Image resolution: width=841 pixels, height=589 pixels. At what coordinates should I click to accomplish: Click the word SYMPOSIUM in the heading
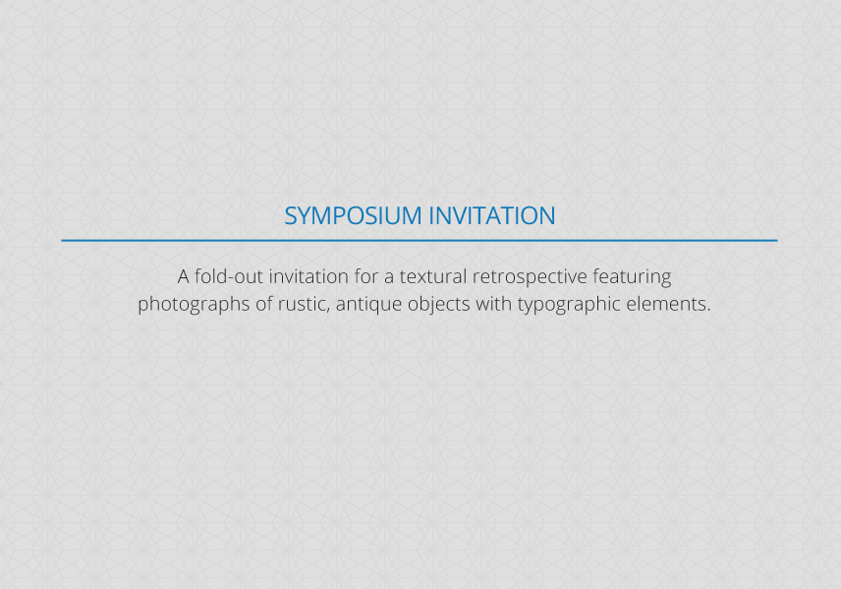pyautogui.click(x=353, y=216)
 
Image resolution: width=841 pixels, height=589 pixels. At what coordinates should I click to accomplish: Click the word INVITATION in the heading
pyautogui.click(x=492, y=216)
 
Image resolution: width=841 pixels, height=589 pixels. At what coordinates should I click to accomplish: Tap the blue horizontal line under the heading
pyautogui.click(x=420, y=241)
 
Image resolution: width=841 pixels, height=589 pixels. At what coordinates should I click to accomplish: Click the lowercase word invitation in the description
pyautogui.click(x=308, y=276)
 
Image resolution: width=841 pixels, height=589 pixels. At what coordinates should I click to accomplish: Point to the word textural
pyautogui.click(x=433, y=276)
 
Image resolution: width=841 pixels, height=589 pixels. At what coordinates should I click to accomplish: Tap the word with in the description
pyautogui.click(x=493, y=304)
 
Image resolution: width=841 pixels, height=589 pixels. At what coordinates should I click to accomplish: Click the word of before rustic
pyautogui.click(x=264, y=304)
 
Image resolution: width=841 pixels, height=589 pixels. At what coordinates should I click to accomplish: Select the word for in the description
pyautogui.click(x=366, y=276)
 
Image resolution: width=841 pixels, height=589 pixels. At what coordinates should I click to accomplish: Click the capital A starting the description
pyautogui.click(x=184, y=277)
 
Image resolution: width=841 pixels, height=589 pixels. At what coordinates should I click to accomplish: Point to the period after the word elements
pyautogui.click(x=708, y=311)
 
